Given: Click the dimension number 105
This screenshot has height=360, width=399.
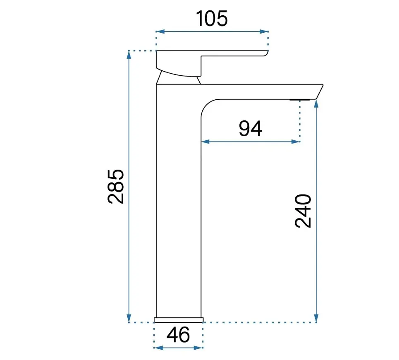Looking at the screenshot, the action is (212, 19).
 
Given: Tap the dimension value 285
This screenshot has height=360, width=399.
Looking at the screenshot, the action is (116, 187).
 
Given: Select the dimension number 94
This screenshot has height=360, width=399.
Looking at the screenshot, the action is (251, 129).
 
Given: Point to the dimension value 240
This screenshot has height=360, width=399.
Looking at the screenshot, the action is (303, 211).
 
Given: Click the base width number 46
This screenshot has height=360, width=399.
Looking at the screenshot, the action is (178, 335).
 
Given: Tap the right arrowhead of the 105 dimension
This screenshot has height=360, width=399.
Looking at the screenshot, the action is (264, 31).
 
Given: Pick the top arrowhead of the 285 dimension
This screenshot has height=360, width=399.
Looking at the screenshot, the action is (129, 55).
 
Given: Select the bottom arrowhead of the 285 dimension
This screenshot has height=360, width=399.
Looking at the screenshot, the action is (129, 318).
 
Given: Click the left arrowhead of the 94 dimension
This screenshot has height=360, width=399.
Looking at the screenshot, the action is (205, 142).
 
